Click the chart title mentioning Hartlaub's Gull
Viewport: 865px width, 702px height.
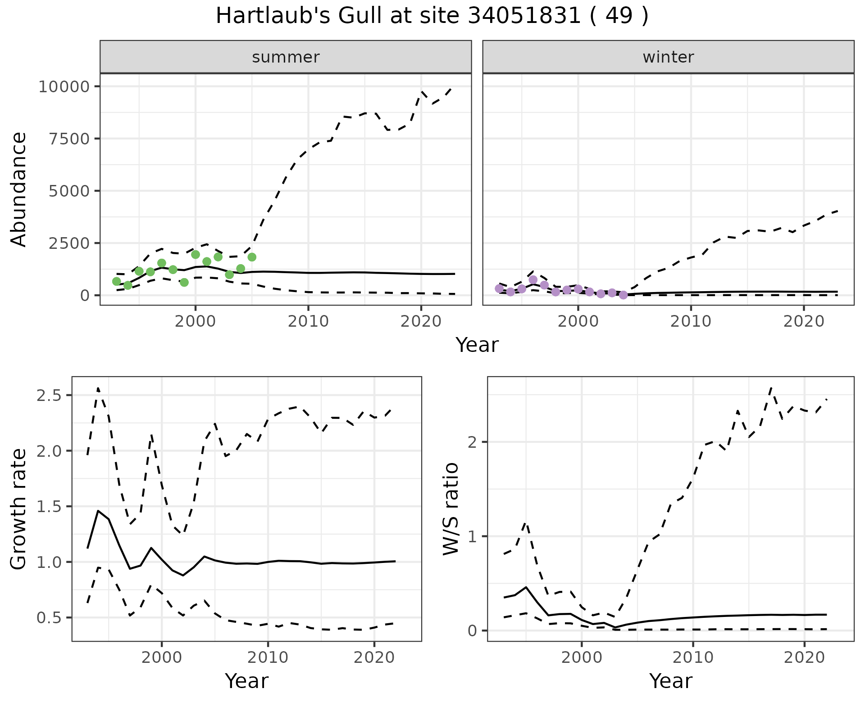pos(432,16)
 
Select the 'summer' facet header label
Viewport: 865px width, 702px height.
pos(286,57)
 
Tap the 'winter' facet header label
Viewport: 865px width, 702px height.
pos(668,57)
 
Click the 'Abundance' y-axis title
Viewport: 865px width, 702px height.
pos(19,189)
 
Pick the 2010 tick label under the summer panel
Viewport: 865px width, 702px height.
pos(308,321)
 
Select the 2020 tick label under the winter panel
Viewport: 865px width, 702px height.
pos(804,321)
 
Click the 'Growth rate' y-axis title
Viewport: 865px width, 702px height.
pos(19,508)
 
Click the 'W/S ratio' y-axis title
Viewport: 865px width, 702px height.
pos(451,508)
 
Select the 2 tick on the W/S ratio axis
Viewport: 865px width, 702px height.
pos(473,442)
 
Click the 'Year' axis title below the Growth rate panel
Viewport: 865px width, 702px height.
pos(246,681)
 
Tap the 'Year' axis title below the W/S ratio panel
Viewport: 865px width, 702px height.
pos(670,681)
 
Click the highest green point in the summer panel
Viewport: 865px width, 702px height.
pos(196,255)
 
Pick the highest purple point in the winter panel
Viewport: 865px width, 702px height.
pos(533,279)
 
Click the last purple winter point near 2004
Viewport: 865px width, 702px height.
pos(623,295)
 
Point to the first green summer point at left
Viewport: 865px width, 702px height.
pos(117,281)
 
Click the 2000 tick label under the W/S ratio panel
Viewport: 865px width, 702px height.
pos(582,657)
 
